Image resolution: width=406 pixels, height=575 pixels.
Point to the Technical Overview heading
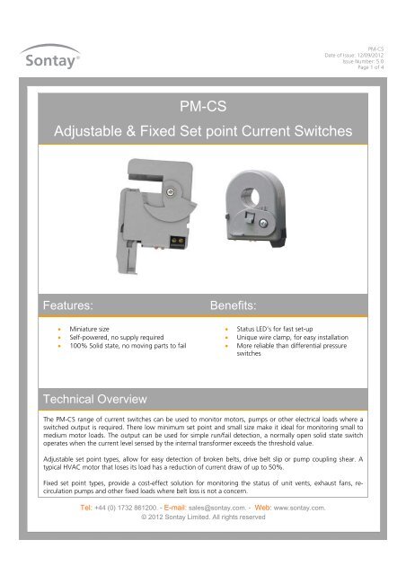[96, 397]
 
